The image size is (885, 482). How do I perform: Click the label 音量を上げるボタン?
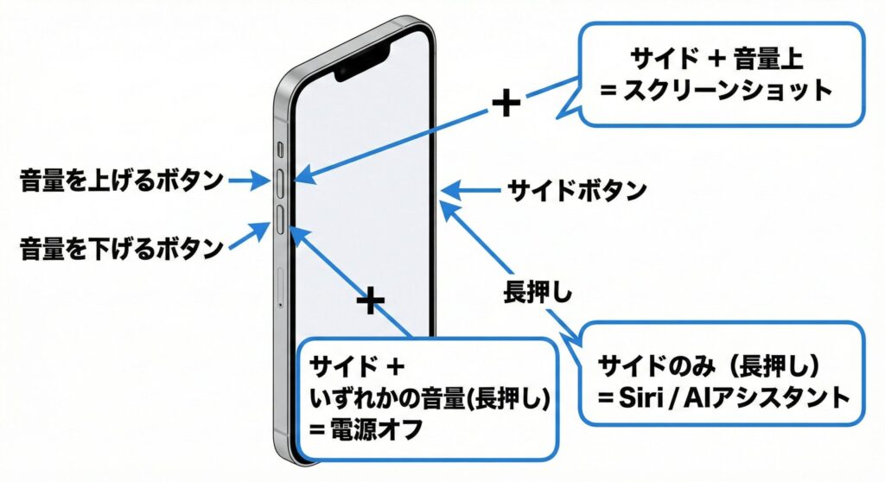click(120, 180)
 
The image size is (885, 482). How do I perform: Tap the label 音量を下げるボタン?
click(120, 250)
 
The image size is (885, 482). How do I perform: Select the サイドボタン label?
click(576, 189)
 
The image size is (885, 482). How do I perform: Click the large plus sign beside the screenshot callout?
click(506, 105)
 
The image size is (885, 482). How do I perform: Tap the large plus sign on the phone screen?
click(370, 301)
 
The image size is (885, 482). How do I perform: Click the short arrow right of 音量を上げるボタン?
click(251, 181)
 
